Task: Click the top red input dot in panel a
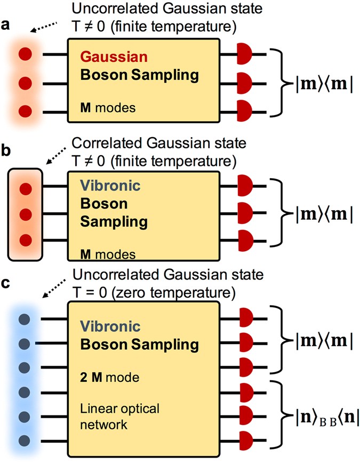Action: coord(24,54)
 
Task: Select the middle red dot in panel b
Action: coord(24,214)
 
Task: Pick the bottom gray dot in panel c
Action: coord(23,440)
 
